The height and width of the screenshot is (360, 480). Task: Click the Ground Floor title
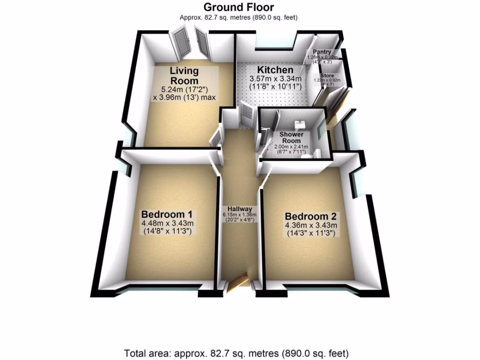(x=239, y=7)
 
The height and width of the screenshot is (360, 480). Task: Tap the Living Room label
(x=184, y=75)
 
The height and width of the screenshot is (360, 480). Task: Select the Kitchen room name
(x=271, y=70)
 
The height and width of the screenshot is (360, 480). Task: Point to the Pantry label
(x=322, y=52)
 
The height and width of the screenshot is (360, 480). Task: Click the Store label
(x=327, y=75)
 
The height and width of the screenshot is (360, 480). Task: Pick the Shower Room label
(x=292, y=138)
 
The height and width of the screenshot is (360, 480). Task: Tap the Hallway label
(x=240, y=209)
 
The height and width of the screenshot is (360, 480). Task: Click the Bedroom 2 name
(x=311, y=217)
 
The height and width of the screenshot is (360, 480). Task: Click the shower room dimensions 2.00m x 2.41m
(x=291, y=147)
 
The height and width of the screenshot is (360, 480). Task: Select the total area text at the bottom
(x=236, y=352)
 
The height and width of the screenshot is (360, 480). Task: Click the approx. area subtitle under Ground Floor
(x=239, y=17)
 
